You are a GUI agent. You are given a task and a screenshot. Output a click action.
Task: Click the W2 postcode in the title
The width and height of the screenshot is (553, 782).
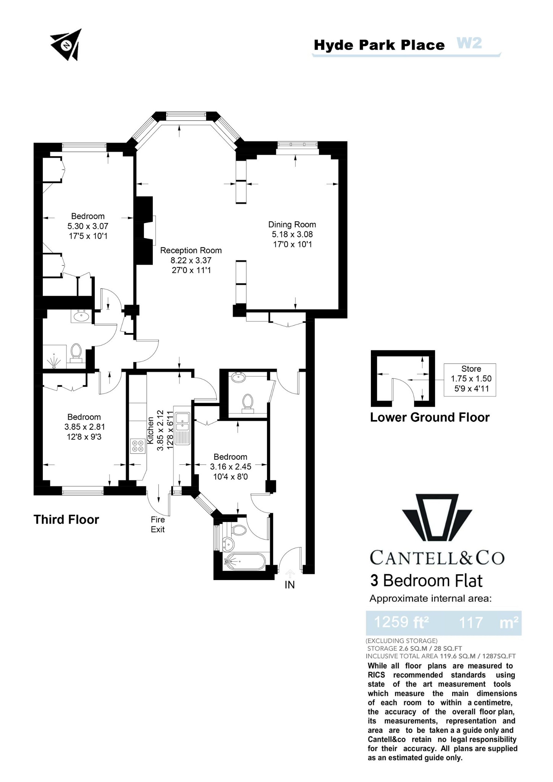(469, 43)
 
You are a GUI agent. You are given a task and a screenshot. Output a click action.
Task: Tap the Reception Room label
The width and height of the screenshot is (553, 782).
(191, 250)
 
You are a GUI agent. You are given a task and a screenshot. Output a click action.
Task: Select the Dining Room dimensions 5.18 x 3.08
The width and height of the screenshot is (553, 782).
(292, 234)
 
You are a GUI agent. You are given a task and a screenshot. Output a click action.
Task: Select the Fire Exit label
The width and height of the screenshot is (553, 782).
(158, 524)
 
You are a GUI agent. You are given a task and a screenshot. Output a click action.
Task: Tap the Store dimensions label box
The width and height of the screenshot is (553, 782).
(471, 379)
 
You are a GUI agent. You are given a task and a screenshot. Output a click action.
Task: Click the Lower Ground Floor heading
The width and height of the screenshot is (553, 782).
(430, 417)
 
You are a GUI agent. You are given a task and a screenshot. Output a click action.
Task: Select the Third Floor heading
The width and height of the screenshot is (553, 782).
(66, 519)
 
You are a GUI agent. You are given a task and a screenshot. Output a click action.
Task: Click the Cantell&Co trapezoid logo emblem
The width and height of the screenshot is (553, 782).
(437, 517)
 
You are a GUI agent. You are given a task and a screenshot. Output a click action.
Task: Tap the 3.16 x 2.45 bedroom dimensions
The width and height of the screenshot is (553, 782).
(230, 467)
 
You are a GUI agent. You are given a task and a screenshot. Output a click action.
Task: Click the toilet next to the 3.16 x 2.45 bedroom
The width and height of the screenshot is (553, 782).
(248, 402)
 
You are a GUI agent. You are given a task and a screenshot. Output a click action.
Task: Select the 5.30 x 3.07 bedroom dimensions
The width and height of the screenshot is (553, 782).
(88, 226)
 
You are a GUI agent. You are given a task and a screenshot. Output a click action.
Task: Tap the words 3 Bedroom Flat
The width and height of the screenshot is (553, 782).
(426, 581)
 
